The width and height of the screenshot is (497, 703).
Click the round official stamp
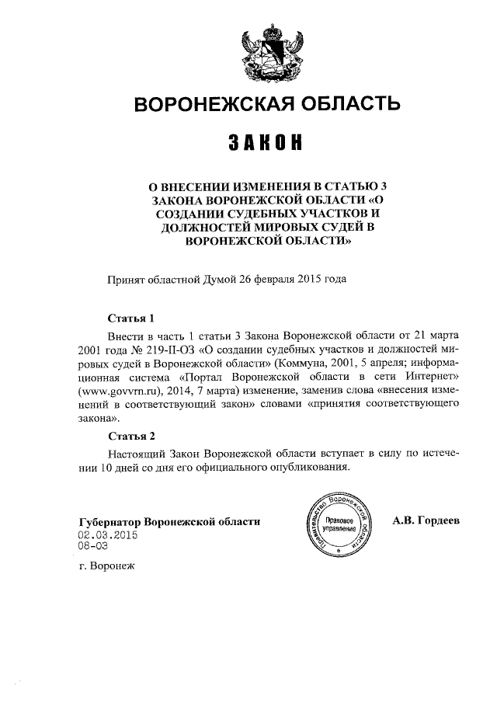click(x=340, y=522)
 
